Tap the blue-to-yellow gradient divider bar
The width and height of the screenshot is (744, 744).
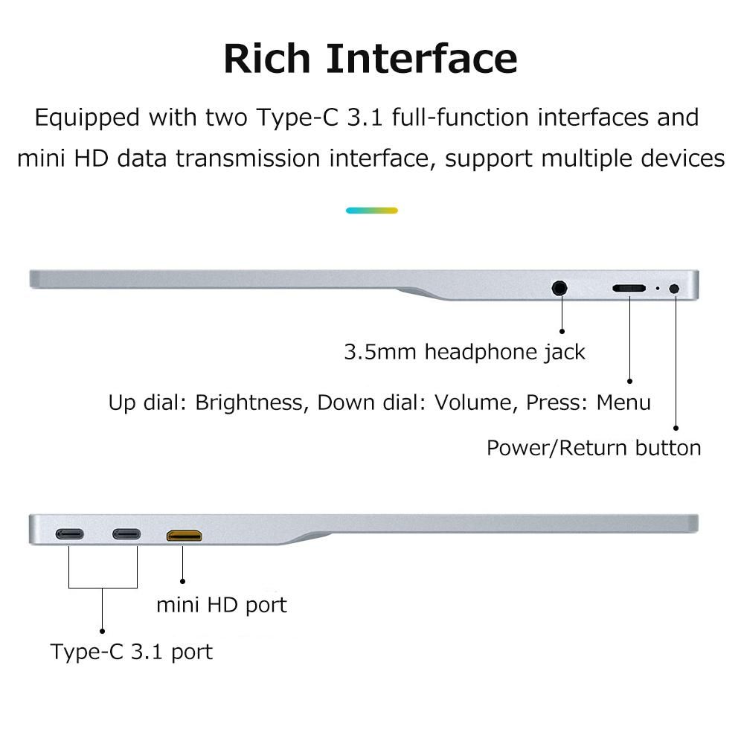point(372,211)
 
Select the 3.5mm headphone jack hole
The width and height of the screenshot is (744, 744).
point(560,287)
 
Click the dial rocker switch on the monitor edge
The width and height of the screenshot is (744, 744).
point(629,288)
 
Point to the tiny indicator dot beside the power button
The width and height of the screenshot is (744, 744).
point(657,288)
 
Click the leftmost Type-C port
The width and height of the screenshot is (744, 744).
point(69,534)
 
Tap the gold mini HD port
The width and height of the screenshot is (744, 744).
point(184,534)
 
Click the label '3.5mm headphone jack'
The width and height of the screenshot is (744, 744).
point(464,352)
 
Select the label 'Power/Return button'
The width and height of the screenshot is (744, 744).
point(594,448)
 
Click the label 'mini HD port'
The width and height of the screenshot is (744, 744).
point(221,604)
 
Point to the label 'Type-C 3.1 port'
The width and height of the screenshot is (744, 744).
point(132,652)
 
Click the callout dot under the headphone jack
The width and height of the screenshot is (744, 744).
point(562,330)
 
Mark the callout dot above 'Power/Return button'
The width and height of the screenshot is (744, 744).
point(676,428)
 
